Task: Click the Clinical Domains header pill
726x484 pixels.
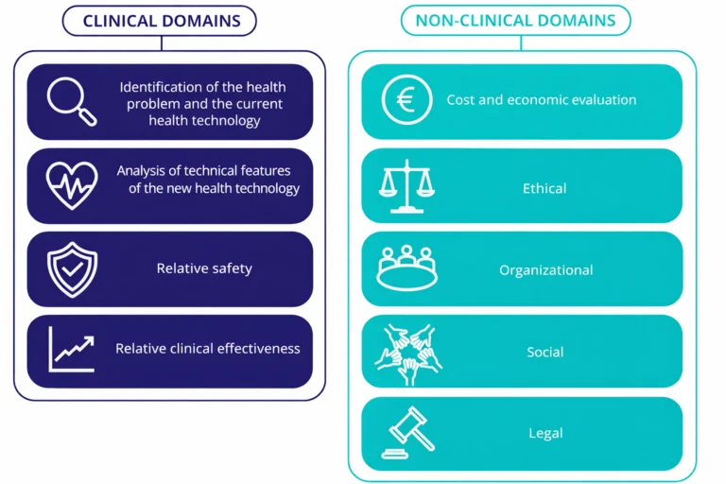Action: coord(160,21)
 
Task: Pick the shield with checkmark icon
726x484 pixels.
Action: coord(72,268)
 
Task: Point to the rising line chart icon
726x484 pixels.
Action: coord(72,349)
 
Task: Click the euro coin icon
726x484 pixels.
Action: coord(406,100)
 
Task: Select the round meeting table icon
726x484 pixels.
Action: coord(406,268)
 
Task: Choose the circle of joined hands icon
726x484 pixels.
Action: coord(407,353)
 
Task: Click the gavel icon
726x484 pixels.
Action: coord(406,433)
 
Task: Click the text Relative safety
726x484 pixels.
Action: coord(204,268)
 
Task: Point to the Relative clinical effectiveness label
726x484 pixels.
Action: coord(208,349)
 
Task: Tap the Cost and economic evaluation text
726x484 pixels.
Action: coord(542,100)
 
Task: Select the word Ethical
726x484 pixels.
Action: coord(544,188)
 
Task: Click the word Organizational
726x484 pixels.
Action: coord(546,270)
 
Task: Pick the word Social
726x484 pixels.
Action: coord(545,353)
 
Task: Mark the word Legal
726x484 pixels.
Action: coord(545,434)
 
